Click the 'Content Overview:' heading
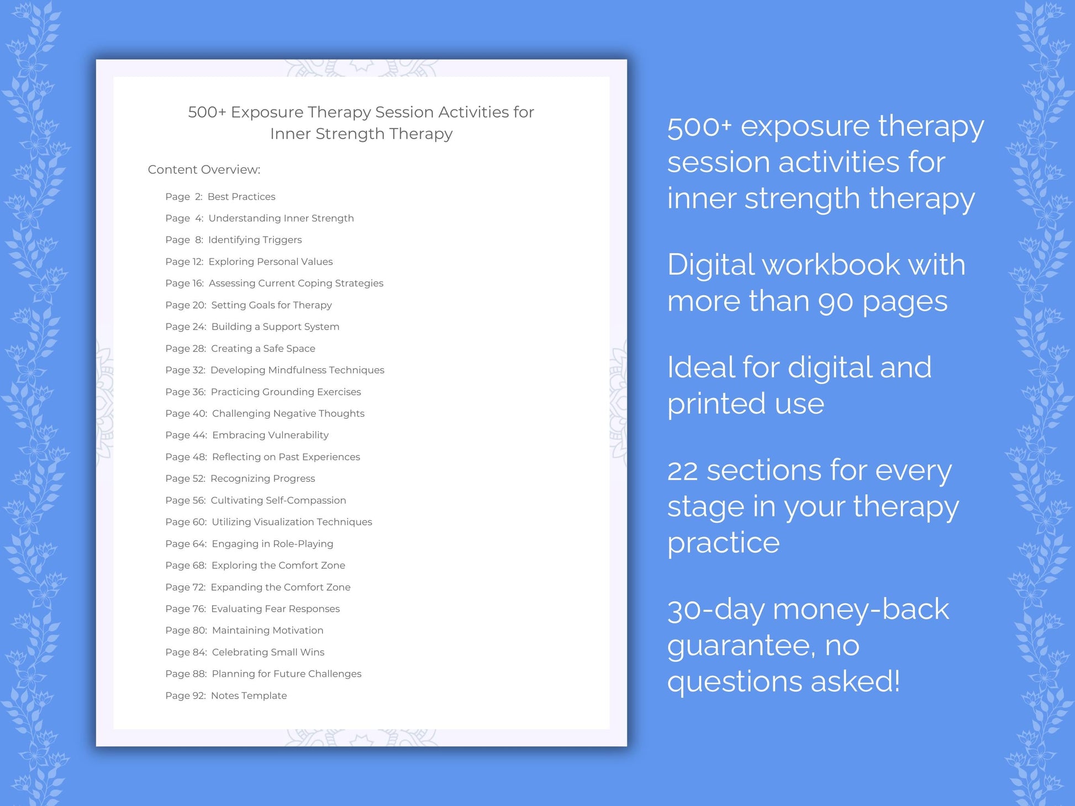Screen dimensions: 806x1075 coord(204,170)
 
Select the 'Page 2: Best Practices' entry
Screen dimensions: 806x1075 coord(220,197)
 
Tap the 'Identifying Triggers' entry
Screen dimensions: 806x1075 coord(255,240)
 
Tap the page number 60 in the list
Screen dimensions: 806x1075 coord(199,522)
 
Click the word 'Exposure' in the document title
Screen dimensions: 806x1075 coord(267,112)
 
